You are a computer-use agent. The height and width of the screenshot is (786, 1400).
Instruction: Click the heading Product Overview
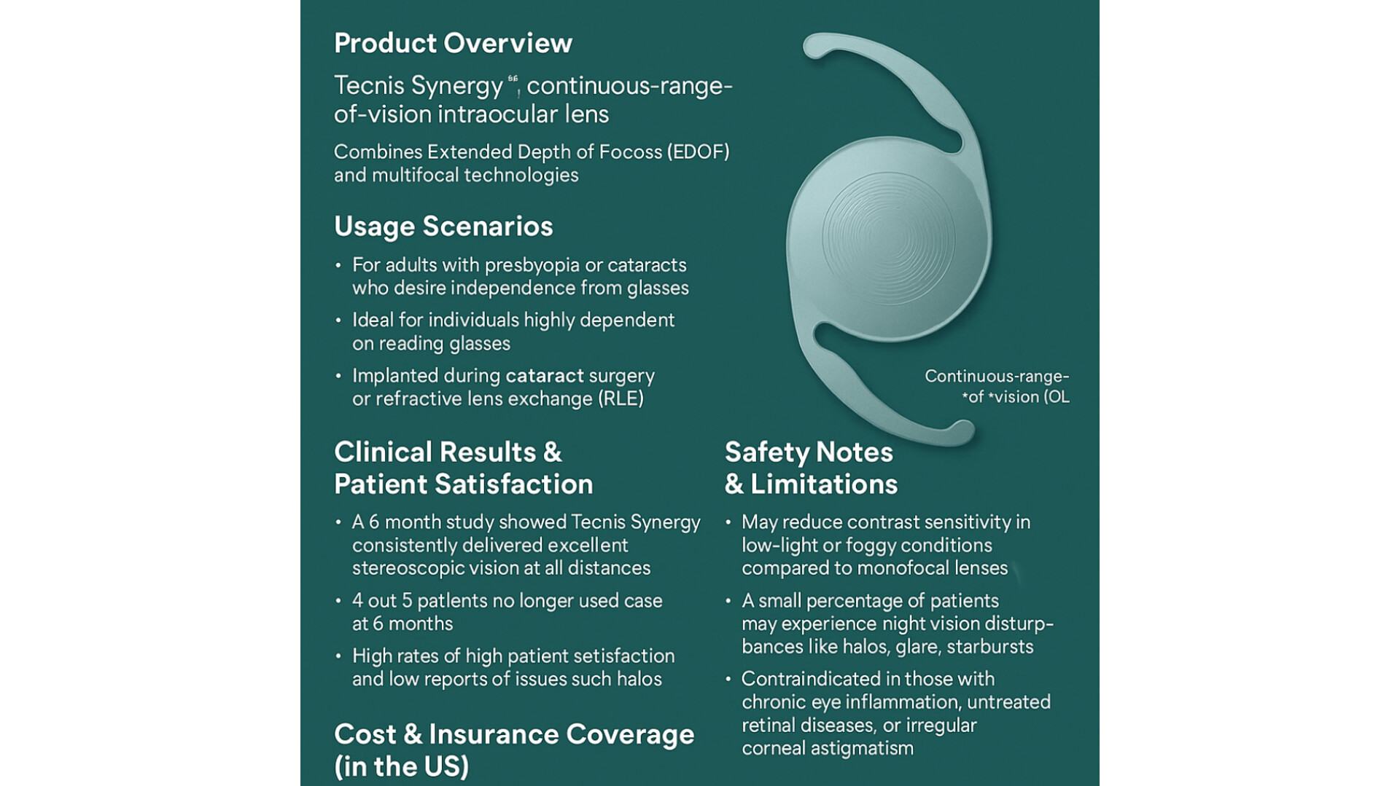click(x=453, y=43)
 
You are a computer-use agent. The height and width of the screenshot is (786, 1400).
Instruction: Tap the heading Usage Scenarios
click(x=443, y=226)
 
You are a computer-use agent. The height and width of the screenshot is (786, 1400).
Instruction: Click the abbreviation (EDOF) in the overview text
click(x=698, y=152)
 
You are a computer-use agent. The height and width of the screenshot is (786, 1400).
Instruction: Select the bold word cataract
click(x=545, y=375)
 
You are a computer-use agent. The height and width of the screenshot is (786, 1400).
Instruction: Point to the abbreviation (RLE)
click(x=621, y=398)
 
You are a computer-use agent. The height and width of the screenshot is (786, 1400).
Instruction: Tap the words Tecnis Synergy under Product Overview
click(x=419, y=85)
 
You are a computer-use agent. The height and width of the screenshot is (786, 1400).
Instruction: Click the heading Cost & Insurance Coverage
click(x=514, y=734)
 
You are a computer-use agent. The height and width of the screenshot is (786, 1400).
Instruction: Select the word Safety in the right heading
click(x=767, y=452)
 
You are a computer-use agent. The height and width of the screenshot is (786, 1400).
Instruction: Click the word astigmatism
click(x=868, y=749)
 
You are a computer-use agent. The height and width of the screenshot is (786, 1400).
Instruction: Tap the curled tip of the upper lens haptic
click(x=815, y=45)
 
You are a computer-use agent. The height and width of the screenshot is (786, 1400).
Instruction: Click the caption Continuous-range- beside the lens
click(x=997, y=377)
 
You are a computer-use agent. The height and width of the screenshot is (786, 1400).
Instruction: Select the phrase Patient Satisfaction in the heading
click(x=464, y=484)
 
